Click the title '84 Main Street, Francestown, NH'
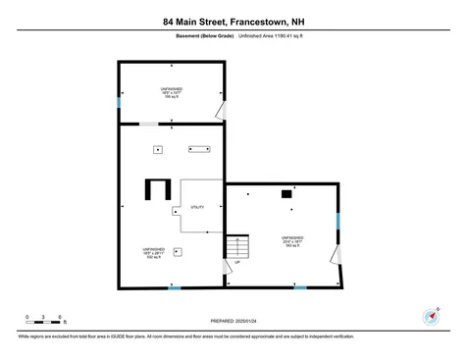[x=233, y=21]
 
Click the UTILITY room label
[x=197, y=207]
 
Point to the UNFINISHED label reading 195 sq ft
[x=172, y=92]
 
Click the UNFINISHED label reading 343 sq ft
[x=292, y=241]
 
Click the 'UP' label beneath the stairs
[x=236, y=263]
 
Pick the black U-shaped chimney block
[x=156, y=187]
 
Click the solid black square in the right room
[x=286, y=194]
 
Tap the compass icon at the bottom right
[x=430, y=316]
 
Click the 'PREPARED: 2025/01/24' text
[x=234, y=320]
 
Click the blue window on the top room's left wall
[x=119, y=102]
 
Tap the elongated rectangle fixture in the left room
[x=198, y=149]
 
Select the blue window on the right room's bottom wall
[x=300, y=287]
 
